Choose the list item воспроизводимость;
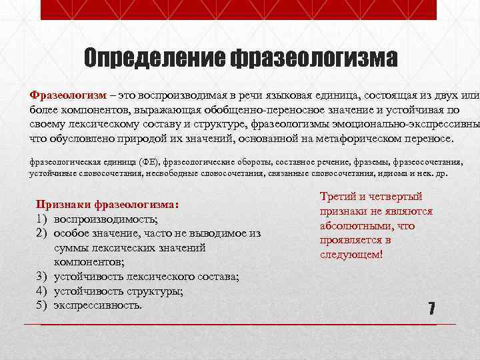[x=106, y=219]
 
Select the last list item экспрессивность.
[x=98, y=305]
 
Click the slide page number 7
[x=431, y=309]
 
